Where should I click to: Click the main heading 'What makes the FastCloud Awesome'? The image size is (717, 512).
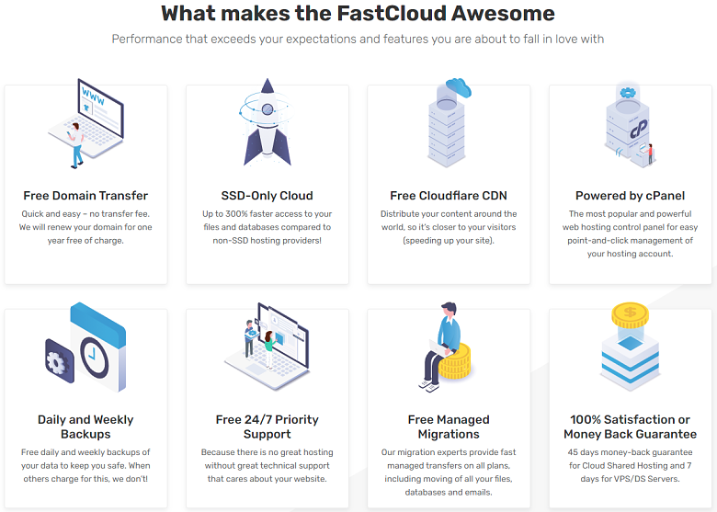pos(358,13)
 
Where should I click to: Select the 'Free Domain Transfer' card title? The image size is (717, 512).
pos(85,196)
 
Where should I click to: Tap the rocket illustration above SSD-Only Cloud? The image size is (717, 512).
pos(267,122)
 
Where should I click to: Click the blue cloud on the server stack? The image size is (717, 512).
pos(459,86)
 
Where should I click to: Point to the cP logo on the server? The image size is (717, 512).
pos(639,128)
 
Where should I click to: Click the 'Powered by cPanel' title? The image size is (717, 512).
pos(630,196)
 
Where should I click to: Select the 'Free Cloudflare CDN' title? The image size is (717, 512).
pos(449,196)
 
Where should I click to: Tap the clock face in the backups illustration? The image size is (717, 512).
pos(94,357)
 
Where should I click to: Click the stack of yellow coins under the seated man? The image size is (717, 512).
pos(455,362)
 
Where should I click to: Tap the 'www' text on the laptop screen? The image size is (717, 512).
pos(93,96)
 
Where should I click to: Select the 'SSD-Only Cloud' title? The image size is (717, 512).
pos(267,196)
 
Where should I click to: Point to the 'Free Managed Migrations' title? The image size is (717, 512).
pos(449,427)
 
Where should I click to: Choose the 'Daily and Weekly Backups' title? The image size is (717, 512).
pos(85,427)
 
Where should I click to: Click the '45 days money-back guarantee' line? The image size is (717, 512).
pos(630,452)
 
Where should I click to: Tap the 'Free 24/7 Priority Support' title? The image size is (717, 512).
pos(267,427)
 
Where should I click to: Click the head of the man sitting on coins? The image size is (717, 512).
pos(449,309)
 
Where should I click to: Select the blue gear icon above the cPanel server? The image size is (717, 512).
pos(628,93)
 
